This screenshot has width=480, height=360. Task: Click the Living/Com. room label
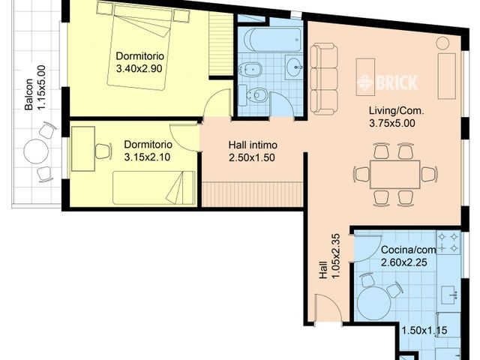(x=397, y=110)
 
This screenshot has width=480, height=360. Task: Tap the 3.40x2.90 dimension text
(x=139, y=68)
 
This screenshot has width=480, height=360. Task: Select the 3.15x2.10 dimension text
(x=147, y=157)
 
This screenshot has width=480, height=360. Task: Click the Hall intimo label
(x=253, y=145)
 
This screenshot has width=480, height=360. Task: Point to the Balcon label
(x=29, y=94)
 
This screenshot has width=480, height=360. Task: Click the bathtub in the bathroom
(x=273, y=40)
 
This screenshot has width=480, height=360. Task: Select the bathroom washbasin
(x=294, y=67)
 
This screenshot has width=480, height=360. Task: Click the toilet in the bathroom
(x=253, y=95)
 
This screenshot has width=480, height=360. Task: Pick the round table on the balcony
(x=36, y=151)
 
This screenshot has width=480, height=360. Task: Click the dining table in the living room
(x=395, y=174)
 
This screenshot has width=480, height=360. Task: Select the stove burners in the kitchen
(x=448, y=242)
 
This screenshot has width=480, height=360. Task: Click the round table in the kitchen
(x=374, y=304)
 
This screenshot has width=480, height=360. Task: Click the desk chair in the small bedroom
(x=103, y=151)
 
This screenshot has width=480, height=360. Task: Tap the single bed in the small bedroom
(x=154, y=187)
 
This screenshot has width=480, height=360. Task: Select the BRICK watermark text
(x=387, y=82)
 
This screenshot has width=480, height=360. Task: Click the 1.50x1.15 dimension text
(x=424, y=331)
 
